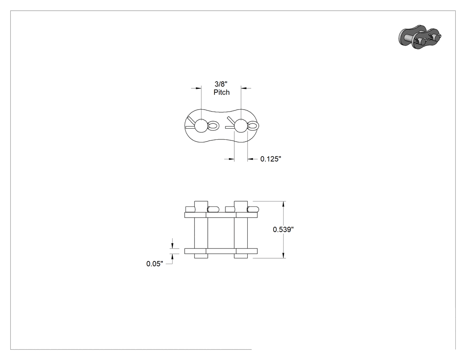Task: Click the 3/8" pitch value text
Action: point(221,84)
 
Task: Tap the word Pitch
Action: point(222,92)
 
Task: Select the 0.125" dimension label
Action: point(271,159)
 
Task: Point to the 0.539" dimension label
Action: point(284,229)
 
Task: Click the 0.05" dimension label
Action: point(154,264)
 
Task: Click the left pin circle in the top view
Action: point(201,126)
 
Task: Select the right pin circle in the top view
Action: point(241,126)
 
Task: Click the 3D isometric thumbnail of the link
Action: point(420,37)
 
